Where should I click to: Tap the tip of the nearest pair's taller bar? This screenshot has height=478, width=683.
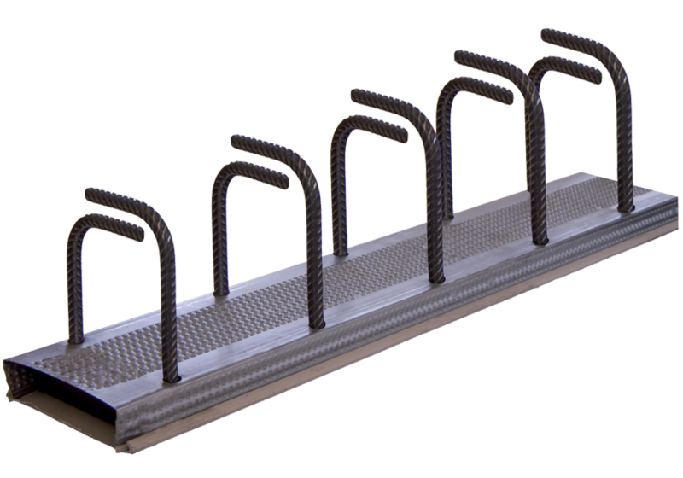pos(90,191)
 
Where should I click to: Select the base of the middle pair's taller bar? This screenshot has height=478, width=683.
pos(438,277)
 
